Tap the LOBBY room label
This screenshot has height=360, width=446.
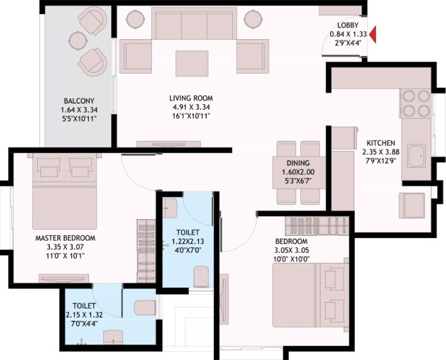click(339, 26)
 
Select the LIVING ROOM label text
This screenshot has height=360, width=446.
click(191, 98)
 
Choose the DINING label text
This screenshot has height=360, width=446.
click(298, 163)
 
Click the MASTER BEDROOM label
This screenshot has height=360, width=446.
click(65, 238)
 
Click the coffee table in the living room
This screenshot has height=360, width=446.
click(192, 63)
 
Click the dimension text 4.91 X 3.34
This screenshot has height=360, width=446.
click(191, 107)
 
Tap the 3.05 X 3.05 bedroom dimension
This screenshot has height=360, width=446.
click(291, 249)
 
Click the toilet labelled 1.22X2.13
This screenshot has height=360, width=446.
click(186, 243)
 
